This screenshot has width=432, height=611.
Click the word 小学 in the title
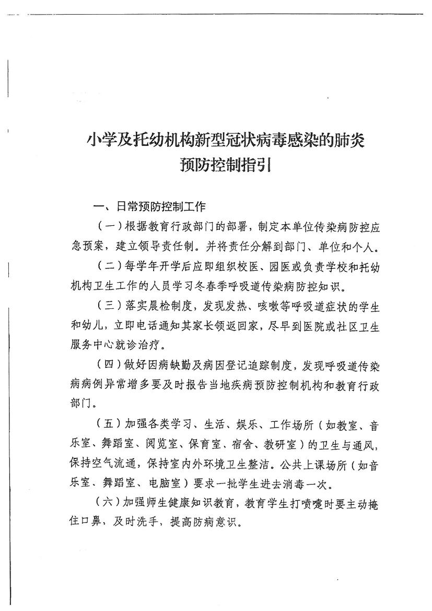[100, 141]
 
